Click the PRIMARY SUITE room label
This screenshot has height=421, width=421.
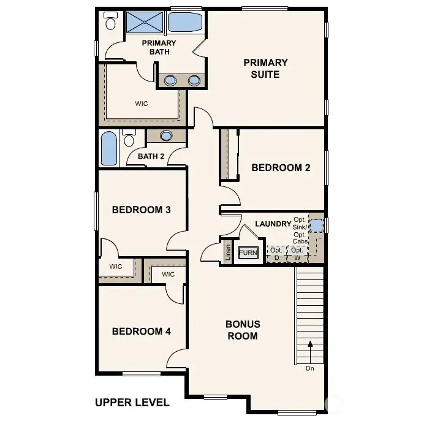[x=265, y=68]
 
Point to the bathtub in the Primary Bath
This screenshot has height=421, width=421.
[x=184, y=23]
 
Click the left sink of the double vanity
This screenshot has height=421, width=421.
[x=171, y=80]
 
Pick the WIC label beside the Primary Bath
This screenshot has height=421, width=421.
[x=142, y=104]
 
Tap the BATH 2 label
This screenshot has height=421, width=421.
[x=151, y=156]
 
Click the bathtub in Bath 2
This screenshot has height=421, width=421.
[x=108, y=149]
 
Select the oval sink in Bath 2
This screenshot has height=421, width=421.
[x=166, y=136]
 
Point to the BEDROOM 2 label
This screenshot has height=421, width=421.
[x=276, y=167]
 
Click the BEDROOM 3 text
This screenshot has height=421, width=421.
[x=141, y=210]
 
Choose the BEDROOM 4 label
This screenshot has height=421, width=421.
[x=141, y=332]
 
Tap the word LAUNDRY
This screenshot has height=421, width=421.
[x=273, y=224]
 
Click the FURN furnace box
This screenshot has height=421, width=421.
[x=248, y=252]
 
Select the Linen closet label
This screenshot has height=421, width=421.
[x=227, y=253]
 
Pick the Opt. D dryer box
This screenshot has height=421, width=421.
[x=276, y=254]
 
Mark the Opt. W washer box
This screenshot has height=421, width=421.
[x=297, y=254]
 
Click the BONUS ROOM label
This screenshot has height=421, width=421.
[x=243, y=330]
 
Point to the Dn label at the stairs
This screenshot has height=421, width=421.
[x=311, y=368]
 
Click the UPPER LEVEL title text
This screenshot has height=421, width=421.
[x=132, y=403]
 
